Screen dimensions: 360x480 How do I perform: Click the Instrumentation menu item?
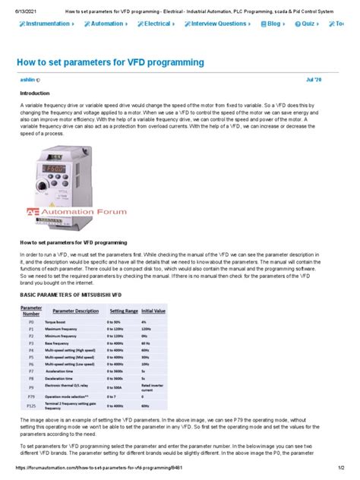[x=45, y=24]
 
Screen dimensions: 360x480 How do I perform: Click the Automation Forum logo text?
[x=84, y=212]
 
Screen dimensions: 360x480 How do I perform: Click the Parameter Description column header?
[x=76, y=311]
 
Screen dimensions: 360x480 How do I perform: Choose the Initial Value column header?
[x=153, y=311]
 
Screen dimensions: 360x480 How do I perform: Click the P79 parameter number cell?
[x=30, y=396]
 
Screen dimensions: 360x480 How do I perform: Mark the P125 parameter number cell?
[x=30, y=406]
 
